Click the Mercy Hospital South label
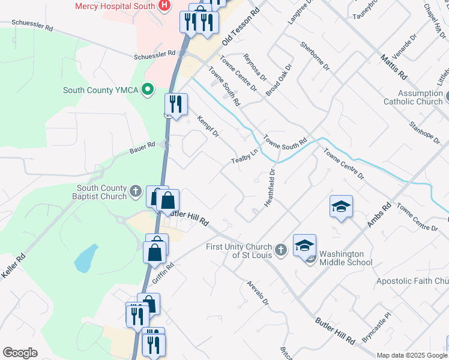(115, 6)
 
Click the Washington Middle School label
(346, 257)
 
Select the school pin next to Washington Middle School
(304, 244)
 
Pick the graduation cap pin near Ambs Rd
(341, 207)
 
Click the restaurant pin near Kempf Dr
(176, 104)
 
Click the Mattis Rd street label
(394, 67)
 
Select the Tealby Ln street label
(244, 156)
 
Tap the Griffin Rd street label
(163, 273)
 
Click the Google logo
(20, 353)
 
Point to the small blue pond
(86, 259)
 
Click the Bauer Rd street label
(142, 146)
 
